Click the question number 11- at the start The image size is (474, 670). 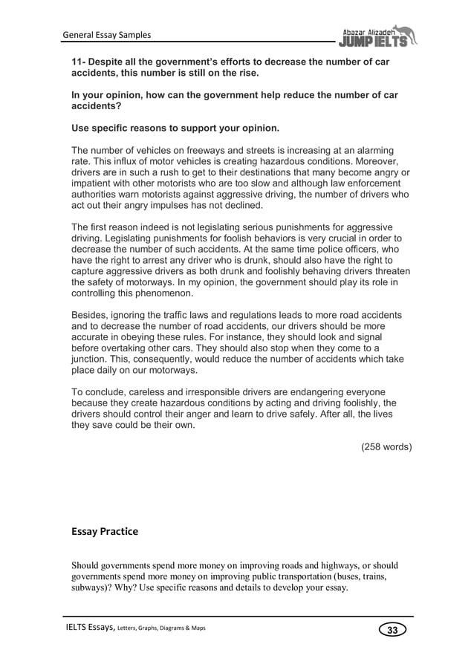click(79, 62)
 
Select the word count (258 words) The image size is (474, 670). click(386, 447)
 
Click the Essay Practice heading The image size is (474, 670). click(105, 531)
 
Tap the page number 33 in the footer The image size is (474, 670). click(393, 631)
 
